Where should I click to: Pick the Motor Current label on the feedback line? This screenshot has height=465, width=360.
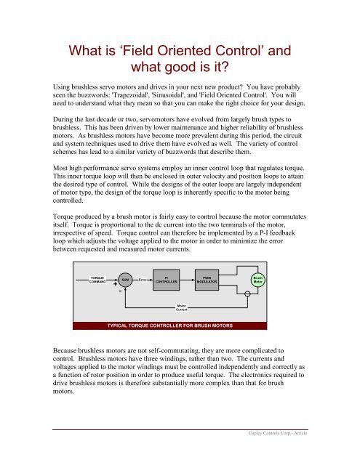coord(183,308)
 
